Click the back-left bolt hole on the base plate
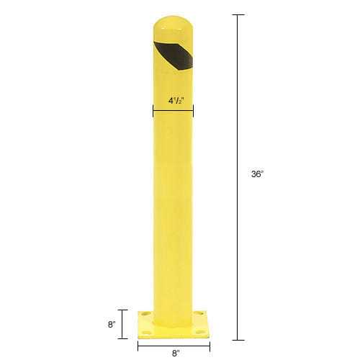146,314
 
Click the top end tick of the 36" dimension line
238,15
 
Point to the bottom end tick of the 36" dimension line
238,338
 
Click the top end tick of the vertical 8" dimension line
121,310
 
